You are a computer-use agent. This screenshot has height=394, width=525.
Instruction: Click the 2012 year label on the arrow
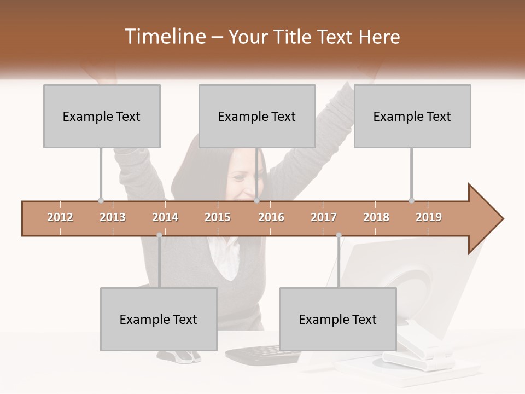(60, 217)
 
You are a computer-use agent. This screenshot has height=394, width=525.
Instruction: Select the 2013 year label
(113, 217)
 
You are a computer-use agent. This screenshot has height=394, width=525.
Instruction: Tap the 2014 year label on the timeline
(165, 217)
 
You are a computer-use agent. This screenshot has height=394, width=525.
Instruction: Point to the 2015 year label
(218, 217)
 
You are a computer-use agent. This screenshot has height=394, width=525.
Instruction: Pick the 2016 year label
(271, 217)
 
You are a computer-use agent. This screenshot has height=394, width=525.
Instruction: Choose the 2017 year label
(324, 217)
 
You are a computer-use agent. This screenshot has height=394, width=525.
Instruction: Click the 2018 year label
(376, 217)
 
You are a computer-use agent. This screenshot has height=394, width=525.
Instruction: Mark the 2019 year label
(429, 217)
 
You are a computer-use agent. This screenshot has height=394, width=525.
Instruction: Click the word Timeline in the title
(165, 37)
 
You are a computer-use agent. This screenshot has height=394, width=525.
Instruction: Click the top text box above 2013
(102, 116)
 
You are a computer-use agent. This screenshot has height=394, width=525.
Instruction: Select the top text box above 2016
(257, 116)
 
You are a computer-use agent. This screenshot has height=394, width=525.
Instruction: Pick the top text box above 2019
(412, 116)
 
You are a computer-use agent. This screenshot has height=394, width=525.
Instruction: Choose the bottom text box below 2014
(159, 319)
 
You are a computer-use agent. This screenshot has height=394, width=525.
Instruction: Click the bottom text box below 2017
(338, 319)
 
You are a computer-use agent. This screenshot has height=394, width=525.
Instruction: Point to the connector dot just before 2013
(101, 200)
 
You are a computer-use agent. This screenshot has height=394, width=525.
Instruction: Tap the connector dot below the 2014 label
(159, 235)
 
